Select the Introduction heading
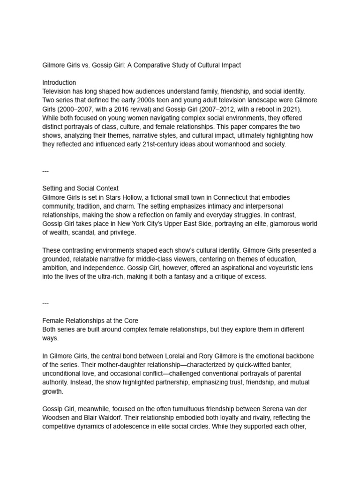[59, 82]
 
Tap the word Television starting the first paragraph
[58, 91]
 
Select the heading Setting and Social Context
[80, 189]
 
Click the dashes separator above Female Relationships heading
[45, 303]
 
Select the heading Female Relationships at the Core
[90, 321]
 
